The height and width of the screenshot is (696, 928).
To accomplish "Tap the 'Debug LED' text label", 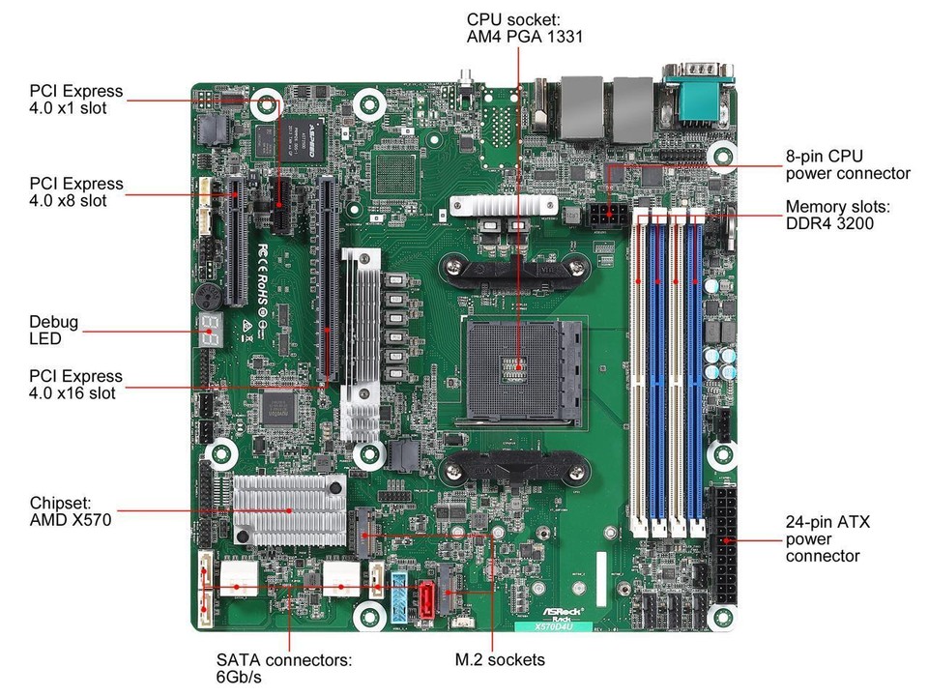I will [x=54, y=331].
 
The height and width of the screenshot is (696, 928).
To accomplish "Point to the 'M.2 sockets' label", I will [x=500, y=659].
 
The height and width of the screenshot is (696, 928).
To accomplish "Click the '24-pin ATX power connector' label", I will [x=827, y=538].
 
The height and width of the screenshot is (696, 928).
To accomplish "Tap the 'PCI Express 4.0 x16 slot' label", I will [x=76, y=385].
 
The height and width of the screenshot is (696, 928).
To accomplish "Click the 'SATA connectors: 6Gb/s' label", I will [x=283, y=669].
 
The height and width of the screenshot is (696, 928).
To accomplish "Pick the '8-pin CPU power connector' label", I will [x=847, y=164].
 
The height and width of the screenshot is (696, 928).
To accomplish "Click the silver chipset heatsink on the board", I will [x=288, y=508].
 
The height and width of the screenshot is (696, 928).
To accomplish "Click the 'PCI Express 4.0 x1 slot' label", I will [x=76, y=100].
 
